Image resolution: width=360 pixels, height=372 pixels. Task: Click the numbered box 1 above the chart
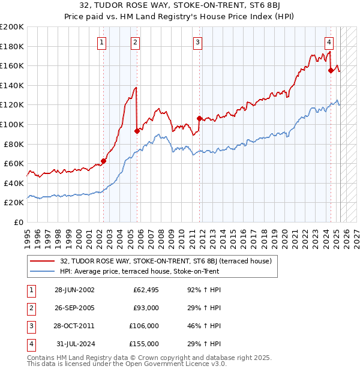[x=103, y=42]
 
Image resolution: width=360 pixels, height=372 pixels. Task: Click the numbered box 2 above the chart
[x=136, y=42]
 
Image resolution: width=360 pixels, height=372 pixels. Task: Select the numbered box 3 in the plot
[x=197, y=42]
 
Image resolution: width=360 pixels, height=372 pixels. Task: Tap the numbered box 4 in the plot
[x=329, y=42]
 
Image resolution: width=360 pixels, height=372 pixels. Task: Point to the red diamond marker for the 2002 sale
[x=103, y=161]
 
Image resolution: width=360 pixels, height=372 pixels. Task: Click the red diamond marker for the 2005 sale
[x=137, y=131]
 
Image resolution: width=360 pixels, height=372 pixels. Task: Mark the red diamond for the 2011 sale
[x=199, y=118]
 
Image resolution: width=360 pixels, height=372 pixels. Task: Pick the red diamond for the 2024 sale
[x=331, y=70]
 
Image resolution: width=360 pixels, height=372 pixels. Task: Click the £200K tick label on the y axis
[x=12, y=27]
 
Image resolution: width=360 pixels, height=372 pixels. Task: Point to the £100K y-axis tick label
[x=12, y=124]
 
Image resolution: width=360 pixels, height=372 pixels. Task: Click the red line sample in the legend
[x=42, y=261]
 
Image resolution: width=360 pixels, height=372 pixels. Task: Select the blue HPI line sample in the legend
[x=42, y=271]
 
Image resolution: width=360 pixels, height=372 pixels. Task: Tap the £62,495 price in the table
[x=146, y=290]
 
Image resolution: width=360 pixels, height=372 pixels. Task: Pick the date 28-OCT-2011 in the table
[x=74, y=326]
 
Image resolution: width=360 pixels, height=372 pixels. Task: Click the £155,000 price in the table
[x=144, y=344]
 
